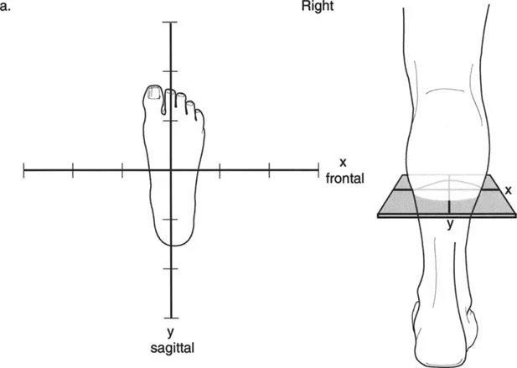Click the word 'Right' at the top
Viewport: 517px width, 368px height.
pos(318,6)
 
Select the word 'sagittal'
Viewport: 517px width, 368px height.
pos(171,345)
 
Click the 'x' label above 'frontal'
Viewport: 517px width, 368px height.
pos(343,162)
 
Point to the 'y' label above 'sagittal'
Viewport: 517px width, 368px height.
pos(171,329)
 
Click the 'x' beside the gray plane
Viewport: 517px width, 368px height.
pos(508,190)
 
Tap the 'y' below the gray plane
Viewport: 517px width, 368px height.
pos(449,223)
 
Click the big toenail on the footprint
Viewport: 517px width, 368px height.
pos(153,93)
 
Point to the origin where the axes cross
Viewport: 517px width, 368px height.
pos(171,170)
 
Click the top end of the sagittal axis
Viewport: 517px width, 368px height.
pos(171,22)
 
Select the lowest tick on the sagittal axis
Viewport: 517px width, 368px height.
pos(171,268)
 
